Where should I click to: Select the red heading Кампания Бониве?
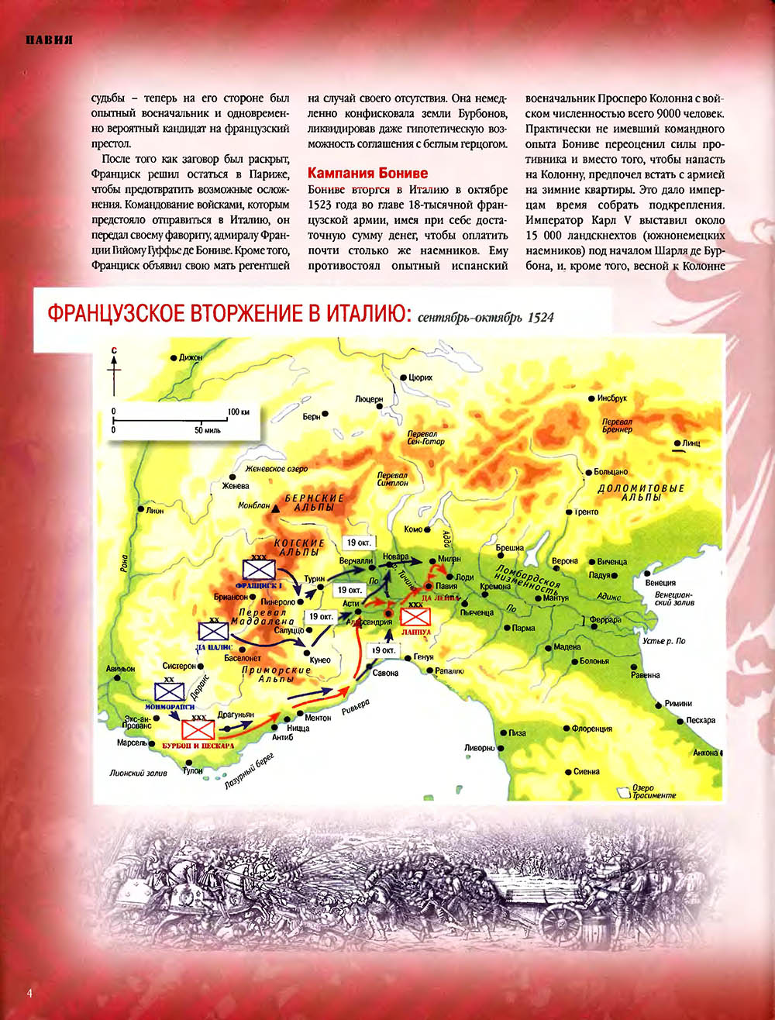coord(367,173)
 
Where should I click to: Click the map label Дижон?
coord(190,357)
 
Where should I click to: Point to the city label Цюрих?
coord(420,377)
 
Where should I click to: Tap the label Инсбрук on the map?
coord(611,398)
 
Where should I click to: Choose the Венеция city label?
coord(660,583)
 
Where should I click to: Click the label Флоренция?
coord(592,729)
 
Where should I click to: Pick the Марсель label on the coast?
coord(132,743)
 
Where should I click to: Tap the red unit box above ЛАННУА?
coord(416,617)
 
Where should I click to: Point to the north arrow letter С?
coord(114,351)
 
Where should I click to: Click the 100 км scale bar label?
coord(239,411)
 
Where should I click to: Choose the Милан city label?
coord(449,559)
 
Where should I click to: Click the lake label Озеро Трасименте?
coord(653,791)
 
